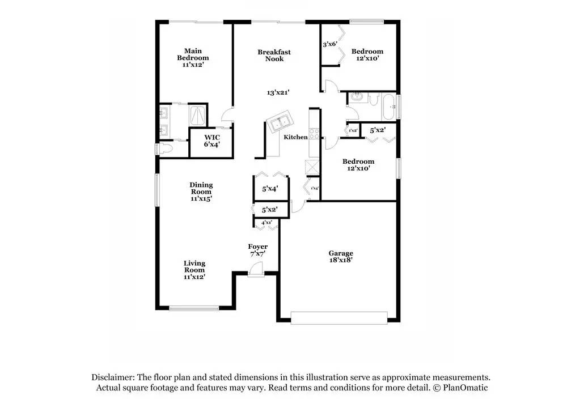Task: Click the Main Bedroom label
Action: (x=193, y=58)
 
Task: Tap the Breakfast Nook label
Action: (x=274, y=56)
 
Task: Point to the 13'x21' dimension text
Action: (x=278, y=92)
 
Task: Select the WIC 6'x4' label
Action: (x=212, y=141)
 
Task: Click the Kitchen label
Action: (x=295, y=137)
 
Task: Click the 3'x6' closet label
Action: (x=329, y=44)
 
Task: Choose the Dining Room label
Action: (x=201, y=192)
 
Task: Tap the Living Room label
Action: (x=194, y=270)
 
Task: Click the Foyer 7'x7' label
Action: (x=257, y=250)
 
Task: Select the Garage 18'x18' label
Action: (x=341, y=257)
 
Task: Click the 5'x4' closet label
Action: (x=270, y=189)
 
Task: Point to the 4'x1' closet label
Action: (x=266, y=223)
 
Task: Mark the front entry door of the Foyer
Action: (x=256, y=274)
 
